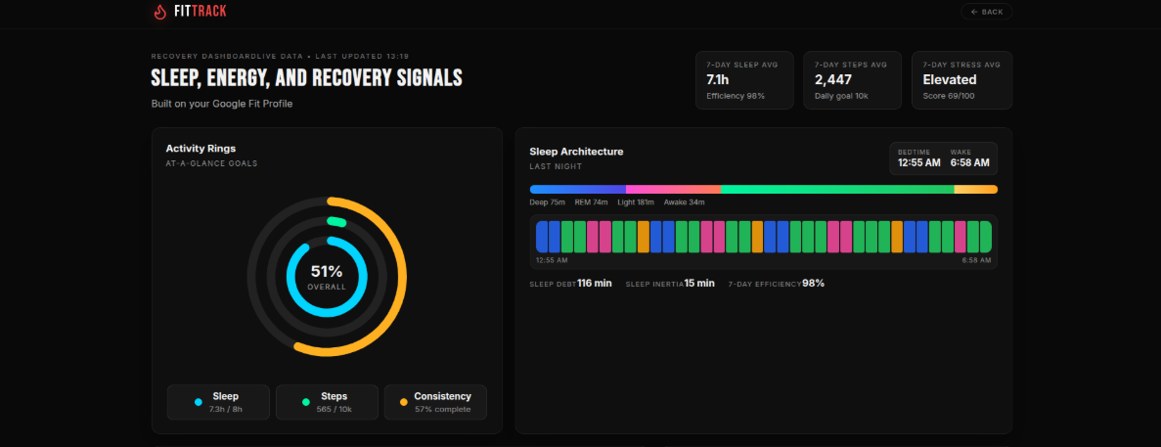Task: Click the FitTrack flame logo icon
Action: (x=160, y=12)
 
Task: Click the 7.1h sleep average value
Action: (x=718, y=79)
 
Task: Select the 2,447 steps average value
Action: (x=832, y=79)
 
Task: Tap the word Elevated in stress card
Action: (x=949, y=79)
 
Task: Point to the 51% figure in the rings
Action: (x=327, y=271)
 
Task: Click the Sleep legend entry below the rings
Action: (x=218, y=402)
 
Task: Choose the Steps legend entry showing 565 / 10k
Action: (x=327, y=402)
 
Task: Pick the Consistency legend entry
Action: (x=435, y=402)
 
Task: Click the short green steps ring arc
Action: (x=336, y=222)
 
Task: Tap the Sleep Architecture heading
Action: (x=576, y=152)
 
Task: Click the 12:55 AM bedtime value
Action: (x=918, y=162)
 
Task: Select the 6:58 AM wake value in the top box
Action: (x=969, y=162)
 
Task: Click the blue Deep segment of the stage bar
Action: (x=577, y=189)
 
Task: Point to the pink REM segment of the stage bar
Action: (x=673, y=189)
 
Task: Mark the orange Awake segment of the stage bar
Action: (x=975, y=189)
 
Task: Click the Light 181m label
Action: (x=636, y=202)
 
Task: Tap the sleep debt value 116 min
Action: (x=594, y=283)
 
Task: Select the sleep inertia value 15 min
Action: (x=699, y=283)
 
